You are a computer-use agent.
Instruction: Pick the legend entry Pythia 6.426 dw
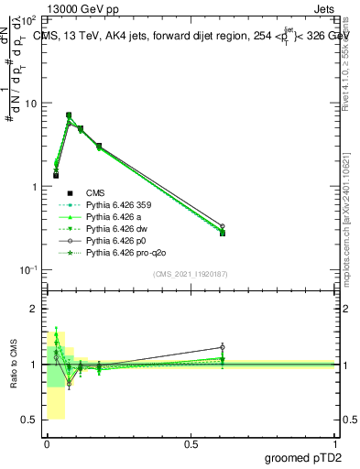pyautogui.click(x=118, y=228)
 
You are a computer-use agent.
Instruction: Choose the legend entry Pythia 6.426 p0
pyautogui.click(x=118, y=240)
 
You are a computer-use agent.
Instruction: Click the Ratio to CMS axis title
pyautogui.click(x=16, y=365)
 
